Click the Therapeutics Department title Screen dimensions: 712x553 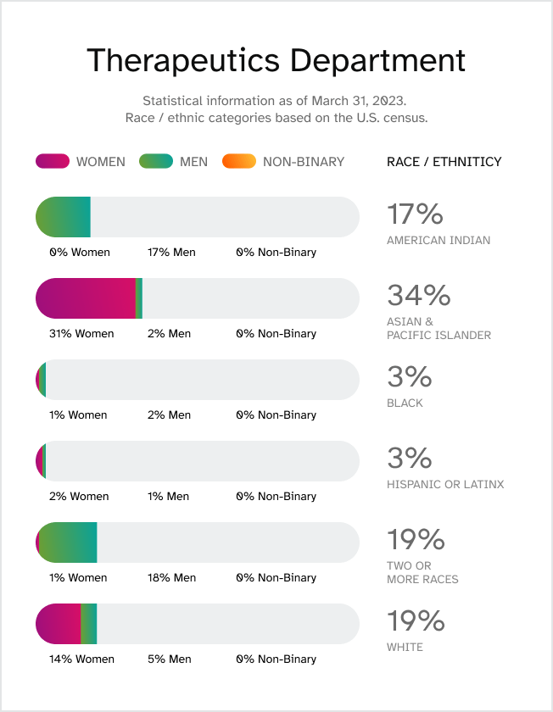pyautogui.click(x=276, y=61)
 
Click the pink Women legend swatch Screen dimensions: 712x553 pyautogui.click(x=52, y=161)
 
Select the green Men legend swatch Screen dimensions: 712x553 pyautogui.click(x=155, y=161)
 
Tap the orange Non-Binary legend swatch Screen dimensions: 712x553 pyautogui.click(x=238, y=161)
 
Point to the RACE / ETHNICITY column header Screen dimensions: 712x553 pyautogui.click(x=444, y=162)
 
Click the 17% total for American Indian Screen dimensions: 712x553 pyautogui.click(x=415, y=214)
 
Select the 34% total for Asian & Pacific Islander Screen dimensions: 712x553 pyautogui.click(x=418, y=295)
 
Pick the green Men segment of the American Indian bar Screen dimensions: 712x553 pyautogui.click(x=64, y=217)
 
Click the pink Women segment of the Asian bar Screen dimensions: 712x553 pyautogui.click(x=85, y=298)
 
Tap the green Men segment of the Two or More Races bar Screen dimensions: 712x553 pyautogui.click(x=68, y=542)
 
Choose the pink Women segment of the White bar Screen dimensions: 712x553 pyautogui.click(x=59, y=624)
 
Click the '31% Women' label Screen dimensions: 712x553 pyautogui.click(x=81, y=334)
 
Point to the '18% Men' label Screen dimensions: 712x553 pyautogui.click(x=171, y=578)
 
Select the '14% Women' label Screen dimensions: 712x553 pyautogui.click(x=81, y=659)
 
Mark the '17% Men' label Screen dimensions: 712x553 pyautogui.click(x=171, y=253)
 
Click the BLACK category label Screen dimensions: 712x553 pyautogui.click(x=405, y=403)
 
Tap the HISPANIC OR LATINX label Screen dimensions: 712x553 pyautogui.click(x=445, y=485)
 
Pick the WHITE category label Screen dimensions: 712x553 pyautogui.click(x=405, y=648)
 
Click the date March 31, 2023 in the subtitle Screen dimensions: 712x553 pyautogui.click(x=361, y=100)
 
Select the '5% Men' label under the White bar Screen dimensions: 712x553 pyautogui.click(x=169, y=659)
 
